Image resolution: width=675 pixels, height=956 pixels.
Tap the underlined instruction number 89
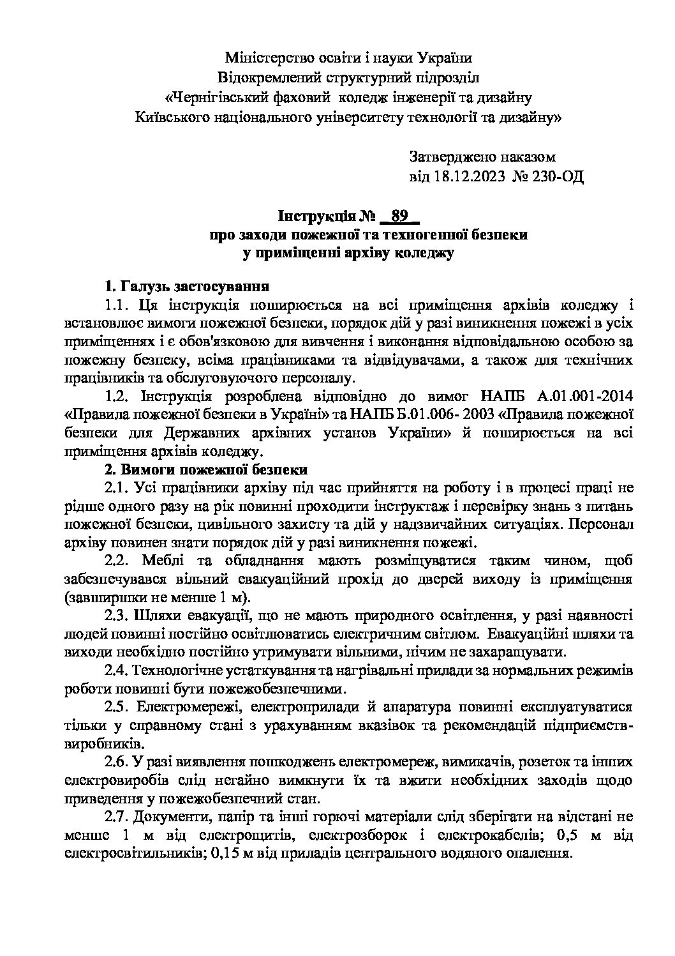point(399,216)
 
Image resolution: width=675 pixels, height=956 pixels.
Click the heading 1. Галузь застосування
point(187,285)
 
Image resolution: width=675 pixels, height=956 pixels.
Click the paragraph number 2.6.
point(117,763)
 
